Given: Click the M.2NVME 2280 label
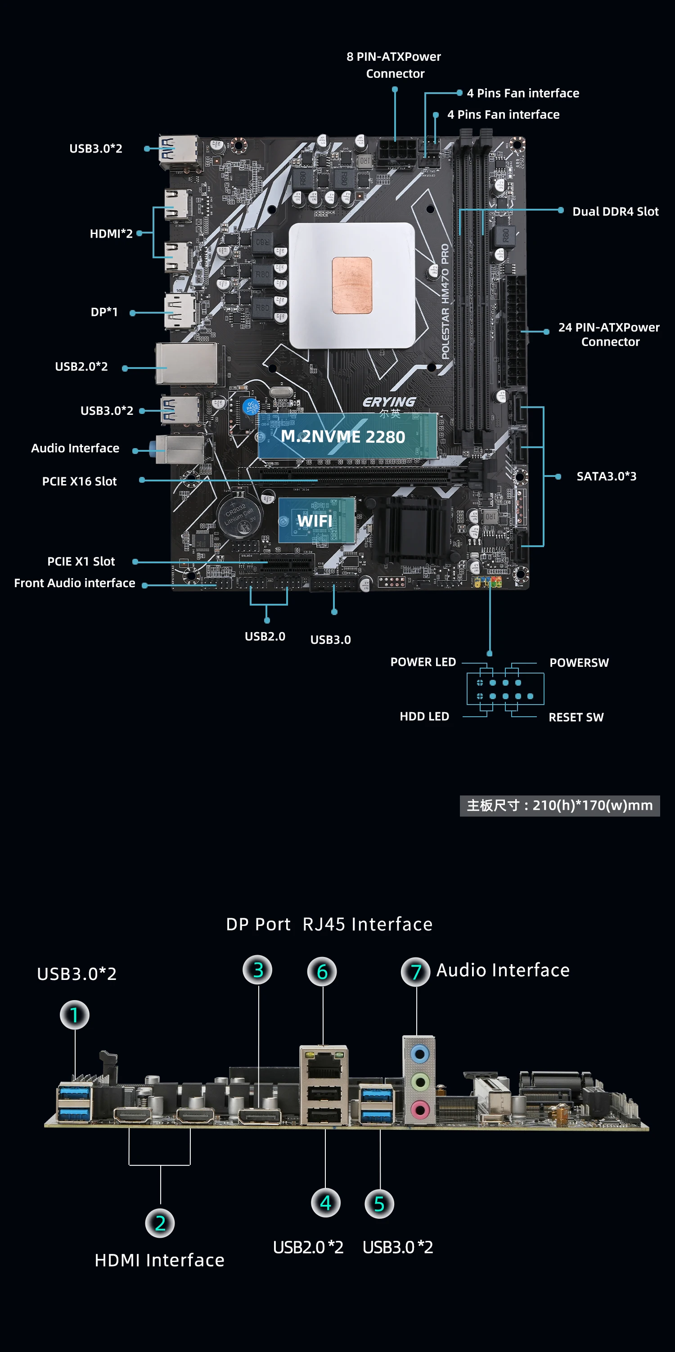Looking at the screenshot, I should tap(343, 437).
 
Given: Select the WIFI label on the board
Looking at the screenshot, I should tap(315, 521).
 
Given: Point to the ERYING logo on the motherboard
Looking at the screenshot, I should tap(389, 402).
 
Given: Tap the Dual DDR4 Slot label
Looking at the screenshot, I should tap(615, 211).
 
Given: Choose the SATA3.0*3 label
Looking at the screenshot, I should tap(606, 476).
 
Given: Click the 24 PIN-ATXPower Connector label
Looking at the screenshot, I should tap(609, 334).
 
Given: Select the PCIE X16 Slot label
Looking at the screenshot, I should tap(79, 481).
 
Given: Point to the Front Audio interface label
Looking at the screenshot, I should tap(75, 583).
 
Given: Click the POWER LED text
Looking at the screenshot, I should tap(423, 662).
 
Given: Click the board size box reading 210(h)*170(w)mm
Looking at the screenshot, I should tap(559, 805).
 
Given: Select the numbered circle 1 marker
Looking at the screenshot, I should tap(75, 1015).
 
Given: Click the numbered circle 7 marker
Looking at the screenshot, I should tap(416, 971).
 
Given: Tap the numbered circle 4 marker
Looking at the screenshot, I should tap(325, 1203).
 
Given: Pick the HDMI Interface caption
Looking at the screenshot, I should tap(160, 1260).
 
